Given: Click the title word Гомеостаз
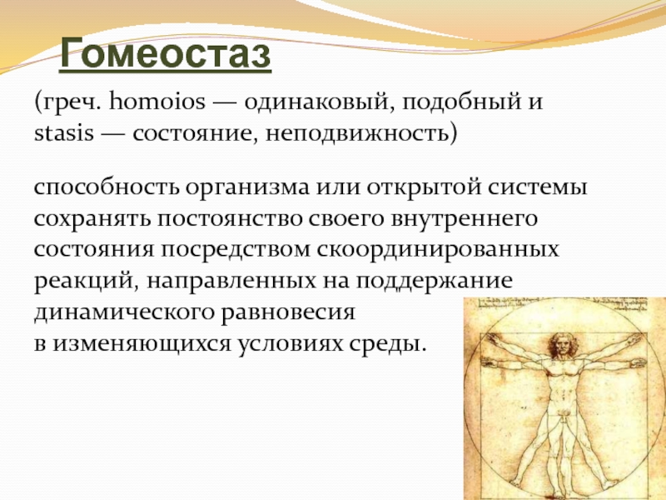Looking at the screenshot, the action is pos(165,53).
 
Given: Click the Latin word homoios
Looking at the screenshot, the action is pos(157,102).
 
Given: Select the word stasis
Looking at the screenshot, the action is pos(64,133).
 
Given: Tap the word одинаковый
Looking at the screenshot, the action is pos(317,102).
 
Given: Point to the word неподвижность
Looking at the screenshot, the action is pos(358,134).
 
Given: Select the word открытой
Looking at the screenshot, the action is pos(424,187).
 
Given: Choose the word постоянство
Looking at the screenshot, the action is pos(230,219).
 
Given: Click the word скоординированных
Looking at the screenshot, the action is pos(438,251).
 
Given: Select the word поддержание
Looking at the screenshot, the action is pos(434,282).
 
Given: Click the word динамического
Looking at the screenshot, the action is pos(124,313).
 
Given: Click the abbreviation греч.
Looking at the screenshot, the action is pos(68,102).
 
